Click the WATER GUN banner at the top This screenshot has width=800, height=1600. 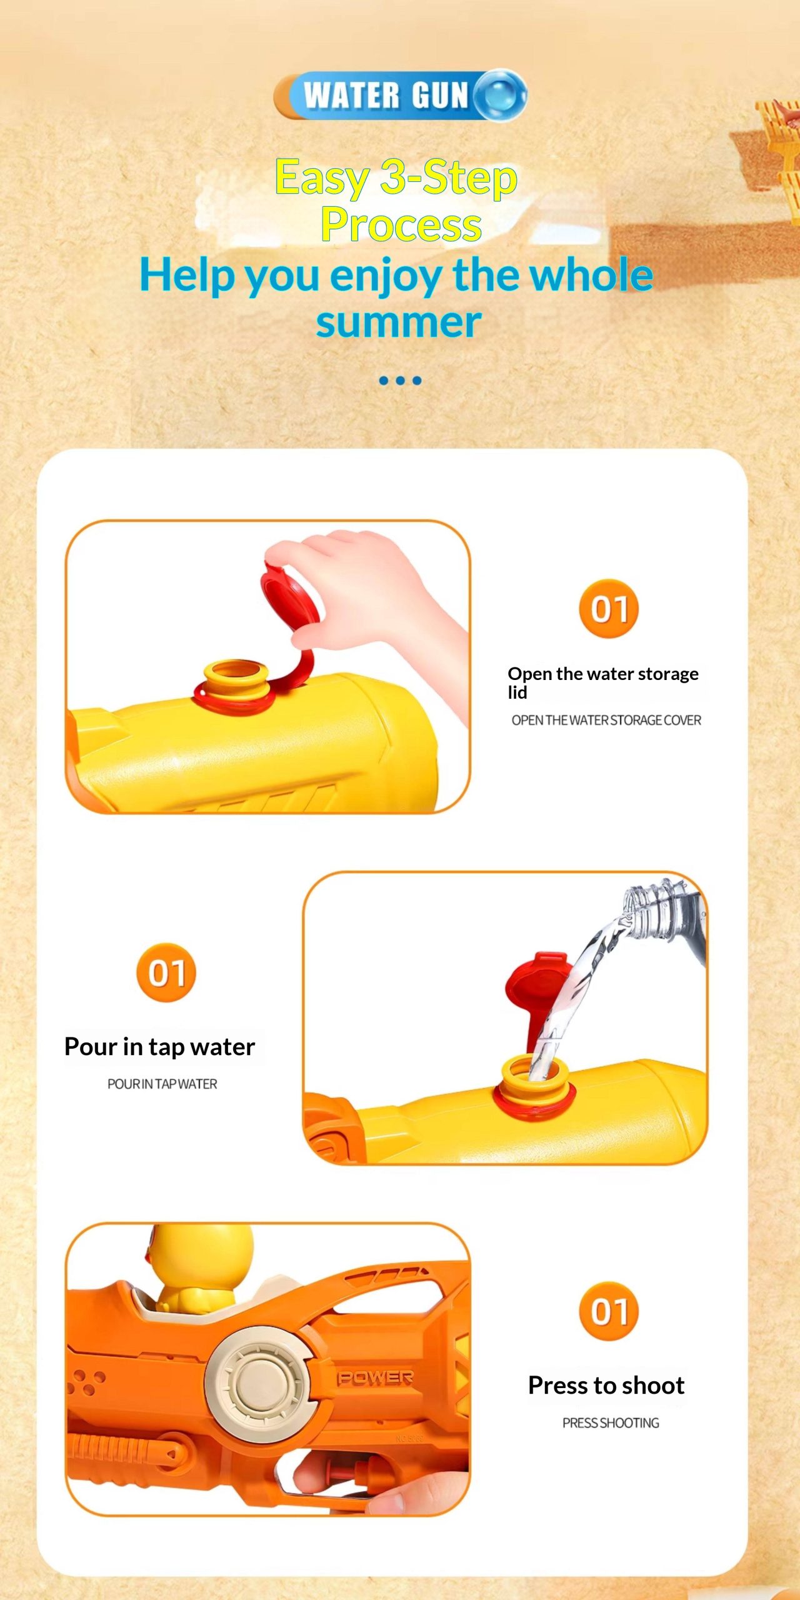400,95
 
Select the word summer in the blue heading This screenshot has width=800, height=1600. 399,322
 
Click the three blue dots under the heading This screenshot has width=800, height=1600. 400,380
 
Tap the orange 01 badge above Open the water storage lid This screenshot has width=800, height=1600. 609,609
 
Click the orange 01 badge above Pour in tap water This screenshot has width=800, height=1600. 166,972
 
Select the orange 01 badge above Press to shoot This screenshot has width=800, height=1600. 609,1311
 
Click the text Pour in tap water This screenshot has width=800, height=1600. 160,1047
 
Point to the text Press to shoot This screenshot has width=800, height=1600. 606,1386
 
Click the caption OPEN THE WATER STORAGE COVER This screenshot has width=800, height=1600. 606,720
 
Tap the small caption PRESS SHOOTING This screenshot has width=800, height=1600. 611,1422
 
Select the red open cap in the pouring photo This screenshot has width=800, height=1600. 536,987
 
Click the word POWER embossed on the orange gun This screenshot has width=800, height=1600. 375,1378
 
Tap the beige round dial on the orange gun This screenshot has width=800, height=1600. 257,1384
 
